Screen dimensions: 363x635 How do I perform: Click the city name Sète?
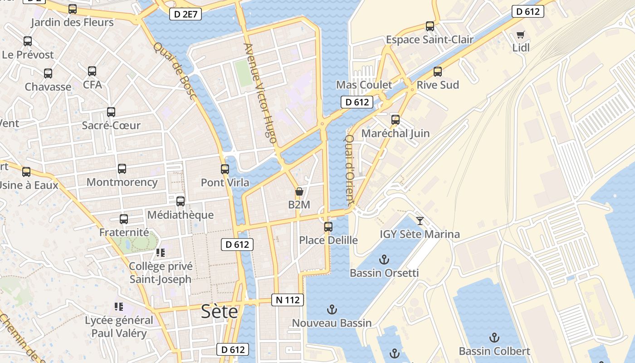coord(220,312)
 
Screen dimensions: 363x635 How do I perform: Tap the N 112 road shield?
coord(288,300)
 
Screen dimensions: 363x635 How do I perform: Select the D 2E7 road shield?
coord(186,15)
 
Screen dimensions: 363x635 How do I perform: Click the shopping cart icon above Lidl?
coord(521,35)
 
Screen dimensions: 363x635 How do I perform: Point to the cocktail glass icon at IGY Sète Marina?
coord(420,221)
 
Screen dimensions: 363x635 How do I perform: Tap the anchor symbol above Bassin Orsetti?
coord(384,260)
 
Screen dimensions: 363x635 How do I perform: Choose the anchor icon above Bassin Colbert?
coord(494,338)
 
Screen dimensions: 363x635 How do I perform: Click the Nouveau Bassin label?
coord(332,323)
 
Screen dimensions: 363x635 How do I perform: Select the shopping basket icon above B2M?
coord(299,192)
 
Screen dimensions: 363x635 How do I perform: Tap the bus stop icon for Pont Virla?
coord(225,169)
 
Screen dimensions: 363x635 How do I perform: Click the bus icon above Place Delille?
coord(328,226)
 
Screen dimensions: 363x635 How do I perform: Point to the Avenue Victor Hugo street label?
coord(260,93)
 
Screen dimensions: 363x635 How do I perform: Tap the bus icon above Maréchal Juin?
coord(396,120)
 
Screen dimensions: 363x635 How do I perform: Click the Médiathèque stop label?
coord(181,215)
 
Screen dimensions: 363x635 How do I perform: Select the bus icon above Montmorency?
coord(122,169)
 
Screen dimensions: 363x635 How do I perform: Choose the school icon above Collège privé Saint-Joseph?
coord(160,252)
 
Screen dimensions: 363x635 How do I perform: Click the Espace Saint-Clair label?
coord(430,40)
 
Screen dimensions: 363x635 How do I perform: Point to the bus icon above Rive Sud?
coord(438,72)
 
